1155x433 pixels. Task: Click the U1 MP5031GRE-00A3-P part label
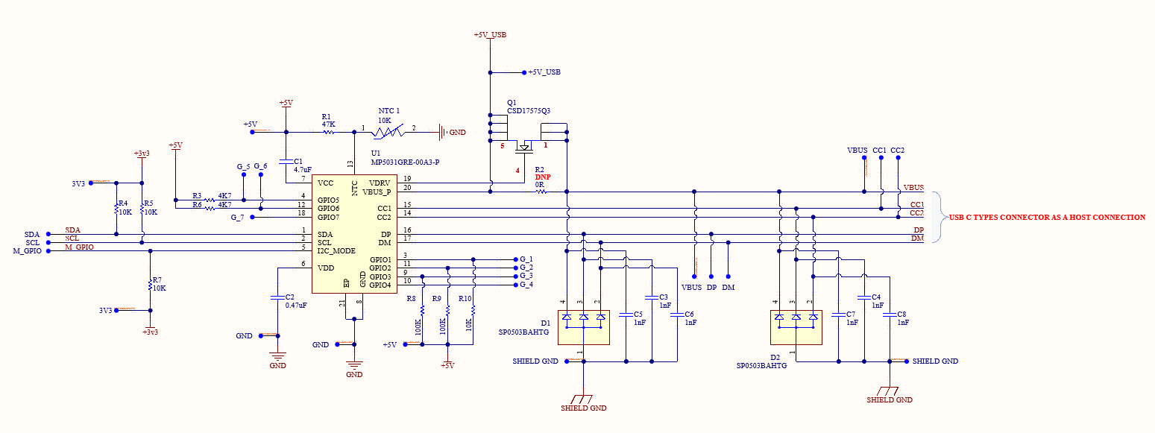(406, 158)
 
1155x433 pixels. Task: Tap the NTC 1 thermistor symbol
(388, 132)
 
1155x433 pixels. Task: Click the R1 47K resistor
(328, 133)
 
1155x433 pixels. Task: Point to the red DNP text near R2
(542, 177)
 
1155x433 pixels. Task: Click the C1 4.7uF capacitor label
(303, 165)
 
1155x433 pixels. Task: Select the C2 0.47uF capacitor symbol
(277, 297)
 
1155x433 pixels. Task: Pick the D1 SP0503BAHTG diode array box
(584, 327)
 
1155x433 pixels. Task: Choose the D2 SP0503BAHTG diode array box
(796, 327)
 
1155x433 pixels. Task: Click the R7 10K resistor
(151, 285)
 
